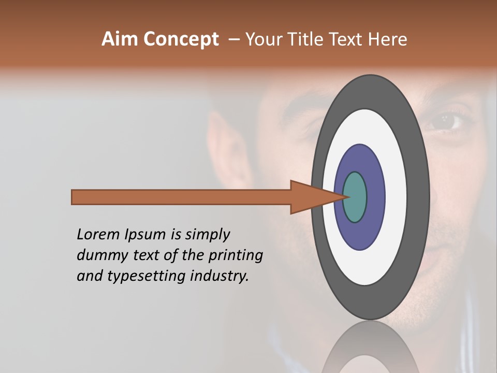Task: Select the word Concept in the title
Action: (x=181, y=39)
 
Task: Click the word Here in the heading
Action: (x=387, y=39)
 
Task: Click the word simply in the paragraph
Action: (x=207, y=235)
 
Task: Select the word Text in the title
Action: (x=349, y=39)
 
